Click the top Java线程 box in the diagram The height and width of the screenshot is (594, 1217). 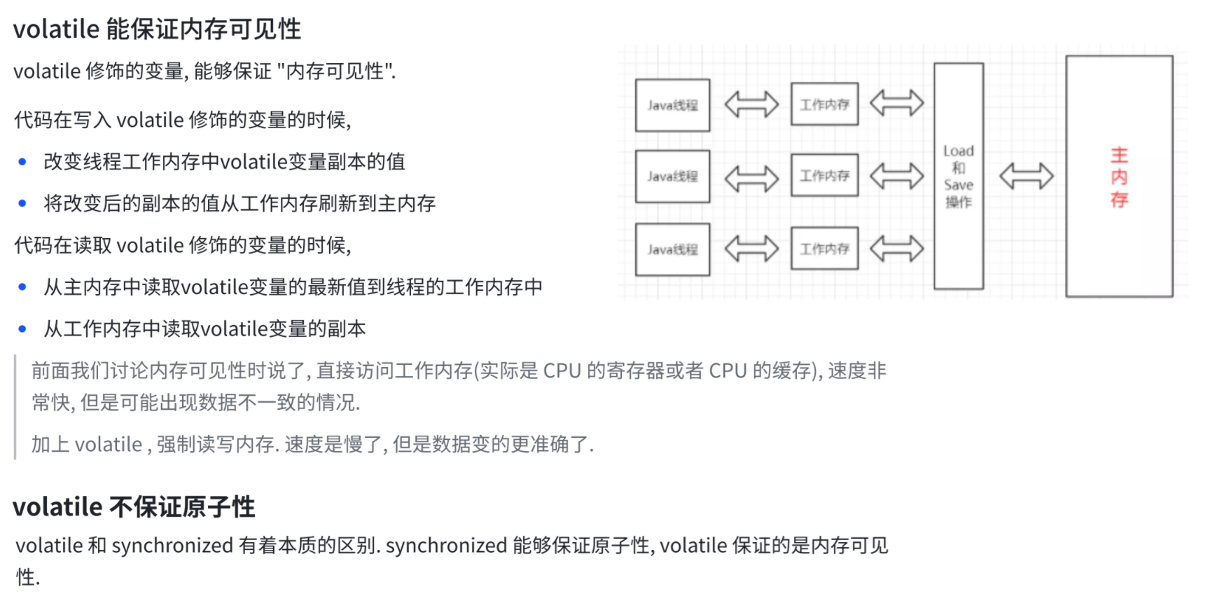pos(672,105)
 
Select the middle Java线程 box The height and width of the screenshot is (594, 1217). pos(672,177)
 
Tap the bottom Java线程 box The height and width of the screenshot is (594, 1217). pos(672,249)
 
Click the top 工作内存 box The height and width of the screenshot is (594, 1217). pos(824,104)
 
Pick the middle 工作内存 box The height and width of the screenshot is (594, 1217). pos(824,175)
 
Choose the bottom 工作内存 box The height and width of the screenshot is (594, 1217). pos(824,249)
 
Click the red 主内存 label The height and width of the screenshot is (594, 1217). pos(1119,177)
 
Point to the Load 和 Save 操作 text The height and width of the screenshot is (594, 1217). pos(958,177)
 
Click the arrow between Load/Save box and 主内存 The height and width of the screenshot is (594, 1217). pos(1026,176)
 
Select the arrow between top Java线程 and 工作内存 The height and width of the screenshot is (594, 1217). pos(751,104)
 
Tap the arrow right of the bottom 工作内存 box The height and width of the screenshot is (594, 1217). pos(896,249)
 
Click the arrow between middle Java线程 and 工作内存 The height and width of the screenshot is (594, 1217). pos(751,178)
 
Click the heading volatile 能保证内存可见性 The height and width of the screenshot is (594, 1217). pos(157,29)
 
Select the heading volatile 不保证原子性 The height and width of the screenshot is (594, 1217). pos(134,506)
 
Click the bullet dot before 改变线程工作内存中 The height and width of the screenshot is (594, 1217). pos(22,162)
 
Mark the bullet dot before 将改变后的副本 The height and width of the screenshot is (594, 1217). pos(22,204)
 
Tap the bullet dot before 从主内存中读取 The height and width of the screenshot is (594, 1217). pos(22,287)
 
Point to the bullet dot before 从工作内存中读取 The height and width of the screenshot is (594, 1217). pos(22,329)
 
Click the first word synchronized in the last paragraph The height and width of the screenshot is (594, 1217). pos(172,546)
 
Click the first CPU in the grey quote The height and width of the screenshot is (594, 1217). pos(562,371)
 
